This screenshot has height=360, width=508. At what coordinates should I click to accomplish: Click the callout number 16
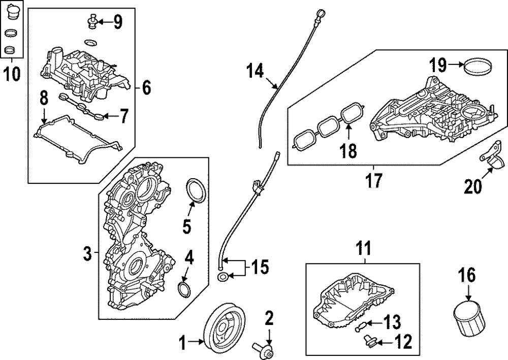coord(467,277)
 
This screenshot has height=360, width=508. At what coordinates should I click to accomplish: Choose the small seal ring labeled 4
coord(184,290)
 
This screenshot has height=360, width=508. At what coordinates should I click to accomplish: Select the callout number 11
coord(364,249)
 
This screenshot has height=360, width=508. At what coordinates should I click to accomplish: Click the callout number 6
coord(146,88)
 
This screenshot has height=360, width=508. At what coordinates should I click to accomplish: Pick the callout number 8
coord(44,97)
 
